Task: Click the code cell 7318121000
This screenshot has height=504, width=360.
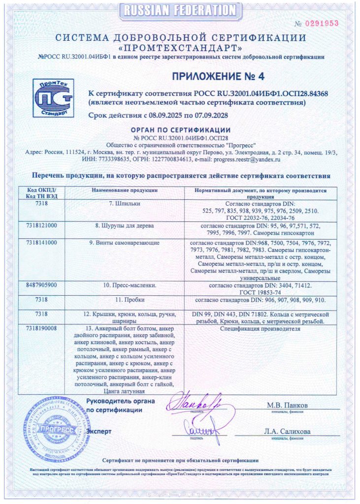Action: tap(42, 225)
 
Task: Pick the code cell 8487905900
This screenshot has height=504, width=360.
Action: tap(42, 284)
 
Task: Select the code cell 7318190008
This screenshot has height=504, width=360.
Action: tap(42, 327)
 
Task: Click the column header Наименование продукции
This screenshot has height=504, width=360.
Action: tap(124, 189)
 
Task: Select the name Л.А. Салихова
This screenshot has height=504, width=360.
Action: tap(287, 431)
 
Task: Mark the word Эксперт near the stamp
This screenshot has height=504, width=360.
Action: tap(99, 431)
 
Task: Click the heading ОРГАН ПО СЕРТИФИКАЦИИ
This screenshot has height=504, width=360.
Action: tap(179, 129)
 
